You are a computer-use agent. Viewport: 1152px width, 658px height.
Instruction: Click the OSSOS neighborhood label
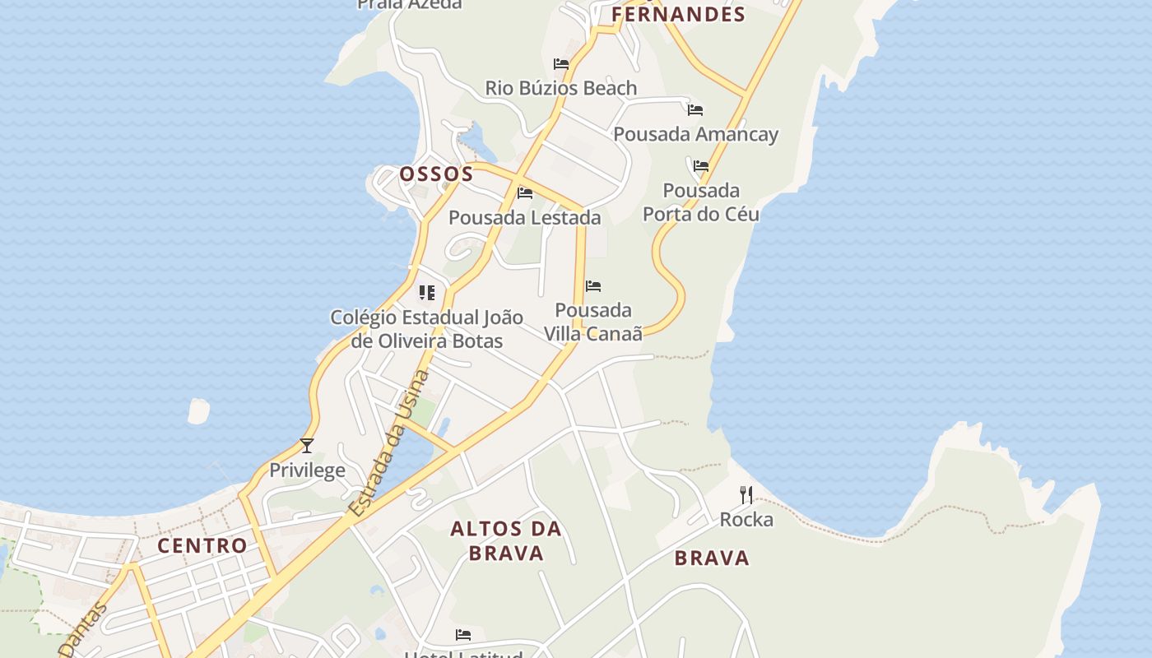click(x=436, y=174)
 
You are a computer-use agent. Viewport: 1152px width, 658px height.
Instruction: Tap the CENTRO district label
click(x=202, y=545)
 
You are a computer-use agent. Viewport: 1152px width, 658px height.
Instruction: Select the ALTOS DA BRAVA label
click(x=506, y=540)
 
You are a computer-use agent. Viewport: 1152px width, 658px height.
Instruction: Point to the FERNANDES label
click(x=678, y=14)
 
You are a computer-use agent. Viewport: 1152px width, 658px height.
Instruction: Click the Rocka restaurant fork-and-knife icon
click(x=746, y=494)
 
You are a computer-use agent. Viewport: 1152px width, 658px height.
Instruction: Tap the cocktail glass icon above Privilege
click(x=307, y=446)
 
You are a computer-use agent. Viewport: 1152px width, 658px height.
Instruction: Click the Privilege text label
click(x=308, y=470)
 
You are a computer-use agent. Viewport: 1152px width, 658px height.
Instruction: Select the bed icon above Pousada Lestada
click(x=525, y=193)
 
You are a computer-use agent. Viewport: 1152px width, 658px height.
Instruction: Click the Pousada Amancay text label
click(x=695, y=134)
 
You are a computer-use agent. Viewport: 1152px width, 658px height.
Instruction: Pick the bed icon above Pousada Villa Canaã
click(x=593, y=286)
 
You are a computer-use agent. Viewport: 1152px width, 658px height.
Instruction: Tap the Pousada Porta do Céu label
click(x=701, y=202)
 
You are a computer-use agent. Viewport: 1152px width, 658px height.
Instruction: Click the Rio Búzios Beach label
click(x=561, y=88)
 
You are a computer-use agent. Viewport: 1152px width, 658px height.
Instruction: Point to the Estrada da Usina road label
click(x=389, y=444)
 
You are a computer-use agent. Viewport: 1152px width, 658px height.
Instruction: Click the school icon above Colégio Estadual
click(x=426, y=293)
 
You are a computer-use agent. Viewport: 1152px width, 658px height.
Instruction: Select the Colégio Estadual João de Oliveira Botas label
click(x=426, y=329)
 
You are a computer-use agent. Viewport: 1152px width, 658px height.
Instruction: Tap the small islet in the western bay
click(x=198, y=410)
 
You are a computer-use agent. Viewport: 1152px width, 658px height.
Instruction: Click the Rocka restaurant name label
click(x=746, y=520)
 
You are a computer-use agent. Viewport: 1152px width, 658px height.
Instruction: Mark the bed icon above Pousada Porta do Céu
click(x=701, y=166)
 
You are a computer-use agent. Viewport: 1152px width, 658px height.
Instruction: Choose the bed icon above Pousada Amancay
click(x=695, y=109)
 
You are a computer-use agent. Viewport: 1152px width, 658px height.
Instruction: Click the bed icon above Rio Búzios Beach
click(x=561, y=63)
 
